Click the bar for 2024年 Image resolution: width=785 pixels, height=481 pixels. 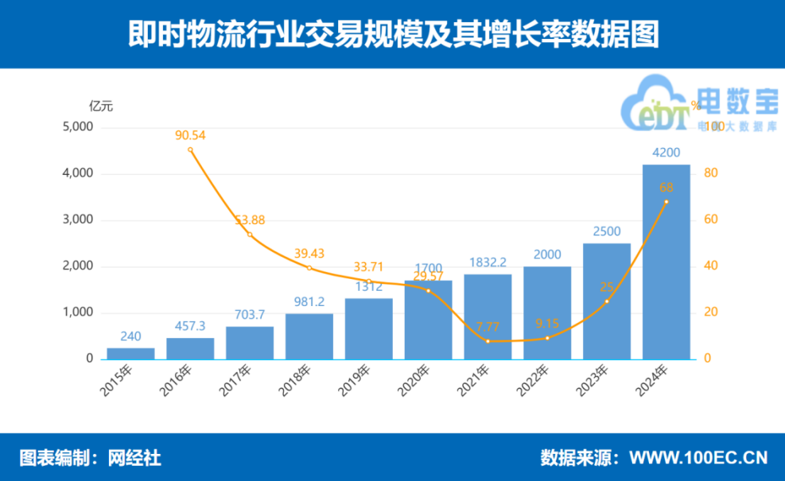tap(666, 262)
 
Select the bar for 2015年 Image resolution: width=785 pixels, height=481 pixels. tap(131, 354)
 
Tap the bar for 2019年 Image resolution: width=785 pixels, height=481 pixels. tap(368, 328)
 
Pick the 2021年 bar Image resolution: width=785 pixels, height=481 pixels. tap(488, 316)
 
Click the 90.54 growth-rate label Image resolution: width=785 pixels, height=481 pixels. tap(190, 135)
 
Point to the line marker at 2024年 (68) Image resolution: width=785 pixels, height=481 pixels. tap(666, 202)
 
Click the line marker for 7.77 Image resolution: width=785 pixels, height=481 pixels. tap(488, 341)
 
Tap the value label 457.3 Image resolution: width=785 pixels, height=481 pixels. tap(190, 327)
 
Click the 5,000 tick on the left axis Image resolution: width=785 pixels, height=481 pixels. tap(78, 127)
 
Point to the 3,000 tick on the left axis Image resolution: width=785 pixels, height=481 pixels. tap(78, 220)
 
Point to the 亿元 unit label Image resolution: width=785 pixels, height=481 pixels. tap(101, 106)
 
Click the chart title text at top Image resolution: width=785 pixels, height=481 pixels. tap(393, 35)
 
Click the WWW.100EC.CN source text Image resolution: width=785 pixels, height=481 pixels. tap(698, 458)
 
